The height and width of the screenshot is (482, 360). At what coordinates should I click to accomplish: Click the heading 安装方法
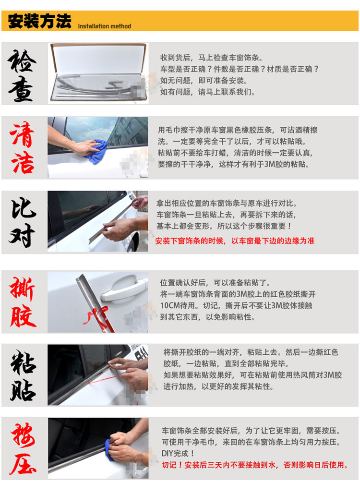tap(39, 21)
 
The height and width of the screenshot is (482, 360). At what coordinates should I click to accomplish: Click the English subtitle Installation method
tap(105, 26)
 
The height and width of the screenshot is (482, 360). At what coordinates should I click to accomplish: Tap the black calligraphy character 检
tap(22, 60)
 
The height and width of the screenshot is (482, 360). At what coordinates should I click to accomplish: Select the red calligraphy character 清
tap(22, 134)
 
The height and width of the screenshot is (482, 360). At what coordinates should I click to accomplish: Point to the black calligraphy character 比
tap(24, 208)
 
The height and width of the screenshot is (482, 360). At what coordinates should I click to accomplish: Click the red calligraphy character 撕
tap(22, 289)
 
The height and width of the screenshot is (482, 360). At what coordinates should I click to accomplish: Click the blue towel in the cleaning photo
tap(96, 151)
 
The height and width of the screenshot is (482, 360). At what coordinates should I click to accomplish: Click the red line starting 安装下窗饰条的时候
tap(235, 241)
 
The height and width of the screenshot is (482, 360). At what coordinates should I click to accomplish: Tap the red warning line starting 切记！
tap(254, 465)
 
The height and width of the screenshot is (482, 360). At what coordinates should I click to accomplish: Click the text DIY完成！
tap(178, 453)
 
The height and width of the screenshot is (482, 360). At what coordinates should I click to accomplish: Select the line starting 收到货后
tap(211, 58)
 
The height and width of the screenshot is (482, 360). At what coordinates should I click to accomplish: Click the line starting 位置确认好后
tap(215, 282)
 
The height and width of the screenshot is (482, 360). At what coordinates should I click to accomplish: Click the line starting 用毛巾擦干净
tap(238, 130)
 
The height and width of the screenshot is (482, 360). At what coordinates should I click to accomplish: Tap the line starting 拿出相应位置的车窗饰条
tap(227, 203)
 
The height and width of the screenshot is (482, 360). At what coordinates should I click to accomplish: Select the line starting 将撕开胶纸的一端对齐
tap(251, 352)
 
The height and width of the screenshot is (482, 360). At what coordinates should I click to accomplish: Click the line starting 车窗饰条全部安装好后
tap(251, 431)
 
